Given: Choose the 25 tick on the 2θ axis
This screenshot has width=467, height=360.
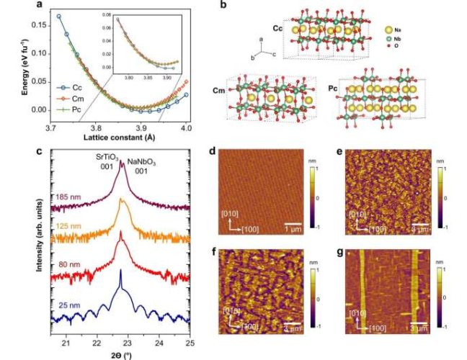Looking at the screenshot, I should (x=190, y=336).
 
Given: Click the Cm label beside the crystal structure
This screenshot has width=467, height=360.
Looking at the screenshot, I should (x=215, y=92).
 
